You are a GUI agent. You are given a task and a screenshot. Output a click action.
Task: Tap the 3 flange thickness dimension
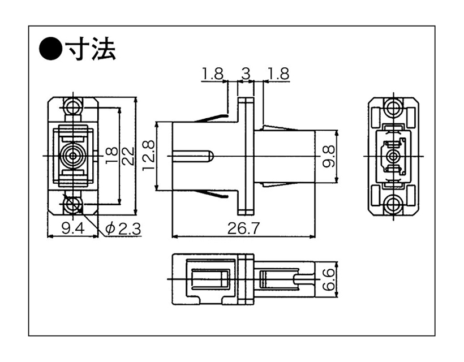click(246, 74)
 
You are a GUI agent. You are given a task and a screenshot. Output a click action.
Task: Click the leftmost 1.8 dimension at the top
click(212, 74)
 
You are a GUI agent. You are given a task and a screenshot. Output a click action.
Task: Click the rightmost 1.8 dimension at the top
click(278, 74)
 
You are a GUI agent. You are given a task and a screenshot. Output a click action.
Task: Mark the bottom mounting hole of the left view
click(72, 204)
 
